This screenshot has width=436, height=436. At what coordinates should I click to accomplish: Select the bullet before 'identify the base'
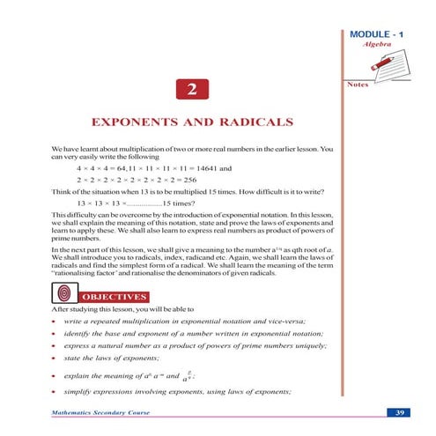point(55,333)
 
